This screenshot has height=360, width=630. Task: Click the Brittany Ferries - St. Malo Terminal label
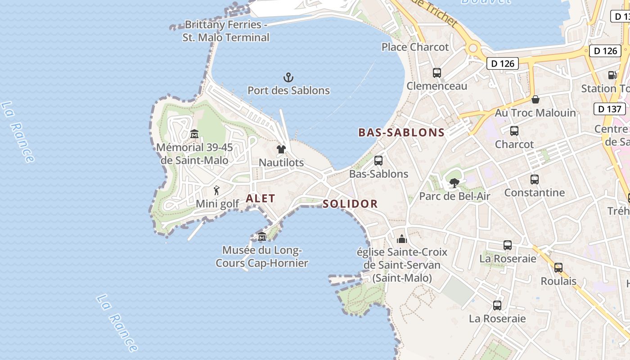(x=226, y=31)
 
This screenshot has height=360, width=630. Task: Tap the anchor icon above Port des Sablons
(x=288, y=77)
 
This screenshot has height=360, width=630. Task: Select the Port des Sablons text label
(x=288, y=90)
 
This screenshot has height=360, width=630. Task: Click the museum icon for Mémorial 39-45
(x=194, y=134)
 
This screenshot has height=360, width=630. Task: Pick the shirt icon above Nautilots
(x=281, y=149)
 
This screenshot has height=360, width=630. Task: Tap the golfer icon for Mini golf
(x=217, y=190)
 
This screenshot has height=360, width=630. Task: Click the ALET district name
(x=260, y=198)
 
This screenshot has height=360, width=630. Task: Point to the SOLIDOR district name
(x=350, y=204)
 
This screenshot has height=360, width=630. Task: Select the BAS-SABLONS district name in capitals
(x=401, y=133)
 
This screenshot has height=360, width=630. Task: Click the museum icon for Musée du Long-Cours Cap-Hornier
(x=262, y=237)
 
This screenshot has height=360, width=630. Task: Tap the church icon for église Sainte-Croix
(x=402, y=238)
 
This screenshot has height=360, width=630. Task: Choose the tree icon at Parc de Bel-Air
(x=454, y=183)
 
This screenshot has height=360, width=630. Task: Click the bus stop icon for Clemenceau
(x=436, y=72)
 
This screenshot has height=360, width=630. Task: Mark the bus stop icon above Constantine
(x=535, y=180)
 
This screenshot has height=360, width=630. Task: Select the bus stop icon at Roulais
(x=558, y=268)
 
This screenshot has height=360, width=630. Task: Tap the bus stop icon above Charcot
(x=514, y=131)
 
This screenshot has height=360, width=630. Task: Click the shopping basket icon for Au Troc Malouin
(x=535, y=99)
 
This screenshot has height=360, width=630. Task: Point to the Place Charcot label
(x=415, y=47)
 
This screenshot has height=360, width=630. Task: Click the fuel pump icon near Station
(x=612, y=75)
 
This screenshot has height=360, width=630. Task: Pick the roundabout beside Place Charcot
(x=472, y=48)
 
